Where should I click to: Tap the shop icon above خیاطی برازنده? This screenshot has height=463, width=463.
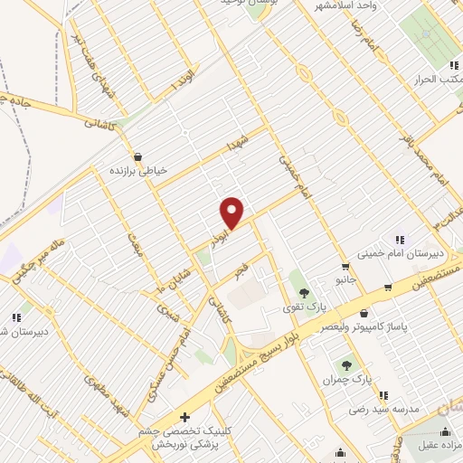click(x=135, y=155)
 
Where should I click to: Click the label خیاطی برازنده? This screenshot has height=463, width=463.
click(x=135, y=169)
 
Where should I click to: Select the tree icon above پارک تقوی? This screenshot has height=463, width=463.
click(x=304, y=293)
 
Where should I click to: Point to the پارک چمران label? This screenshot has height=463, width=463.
click(x=349, y=379)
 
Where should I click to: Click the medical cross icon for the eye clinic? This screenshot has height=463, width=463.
click(x=185, y=418)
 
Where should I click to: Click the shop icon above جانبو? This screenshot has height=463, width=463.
click(x=345, y=266)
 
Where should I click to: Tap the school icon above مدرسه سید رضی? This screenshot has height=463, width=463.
click(x=383, y=394)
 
